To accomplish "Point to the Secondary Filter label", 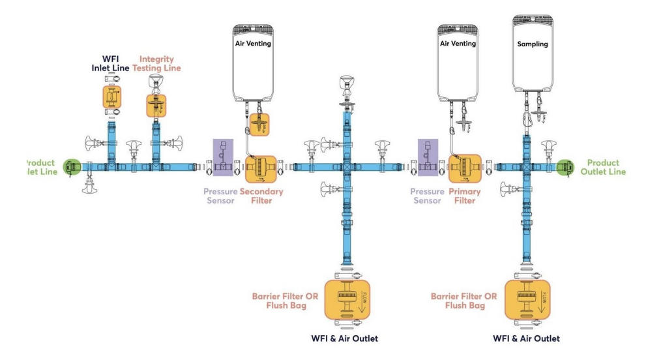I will coord(261,196).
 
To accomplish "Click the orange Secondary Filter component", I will coord(261,168).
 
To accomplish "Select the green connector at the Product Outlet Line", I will coord(565,167).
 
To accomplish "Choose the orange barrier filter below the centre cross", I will coord(347,299).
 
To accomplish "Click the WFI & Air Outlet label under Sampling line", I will coord(527,338).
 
